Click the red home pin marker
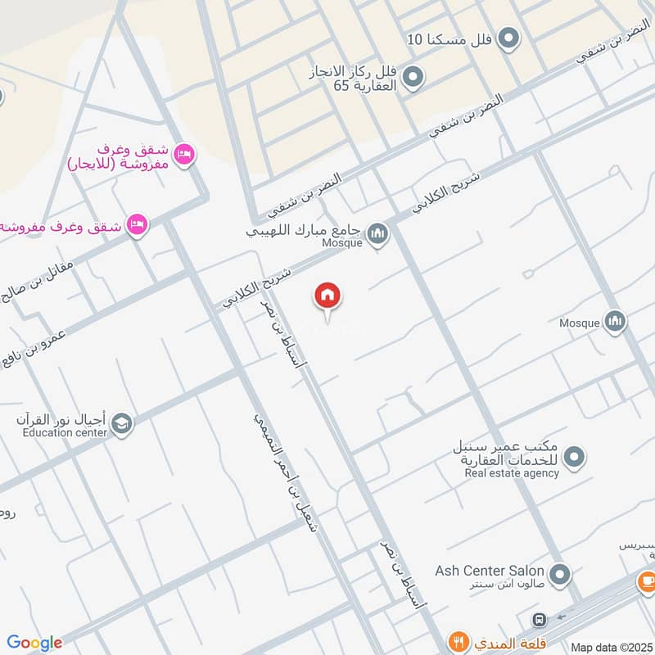tap(327, 296)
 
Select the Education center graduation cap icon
tap(122, 423)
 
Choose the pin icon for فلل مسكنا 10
tap(510, 38)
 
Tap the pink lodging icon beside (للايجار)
tap(185, 153)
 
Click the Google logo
tap(34, 643)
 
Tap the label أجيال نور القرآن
tap(61, 420)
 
